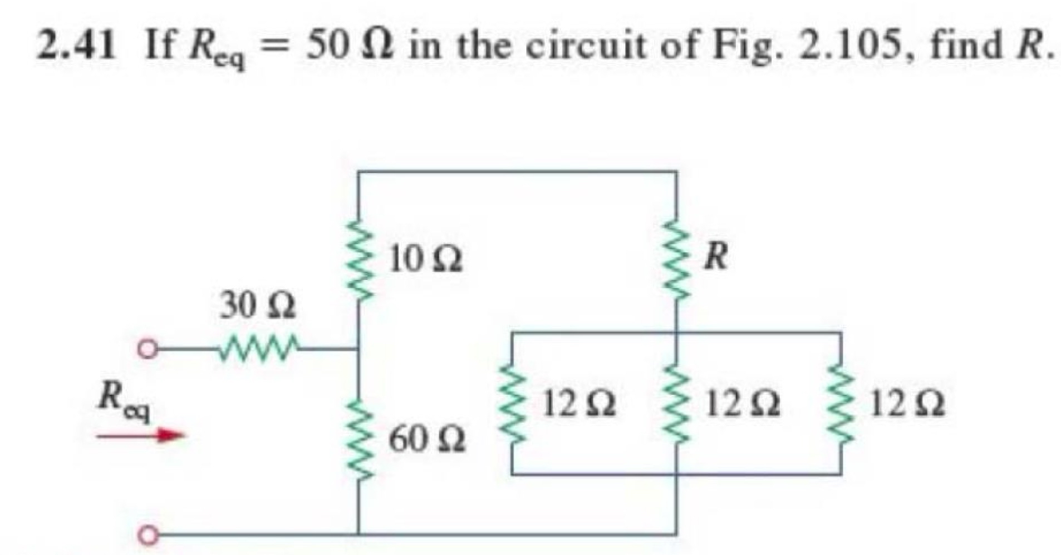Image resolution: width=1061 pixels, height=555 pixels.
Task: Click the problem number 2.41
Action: coord(77,46)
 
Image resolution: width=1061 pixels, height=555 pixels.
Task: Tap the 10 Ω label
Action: coord(426,260)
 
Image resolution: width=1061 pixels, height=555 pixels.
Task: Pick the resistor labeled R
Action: coord(676,259)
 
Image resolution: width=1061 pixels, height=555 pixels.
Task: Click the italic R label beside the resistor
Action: coord(716,257)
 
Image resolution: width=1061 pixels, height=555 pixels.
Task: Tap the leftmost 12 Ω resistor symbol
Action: coord(511,403)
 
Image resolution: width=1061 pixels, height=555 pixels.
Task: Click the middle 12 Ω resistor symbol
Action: coord(676,403)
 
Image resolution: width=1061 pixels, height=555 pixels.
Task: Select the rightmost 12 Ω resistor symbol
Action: coord(841,403)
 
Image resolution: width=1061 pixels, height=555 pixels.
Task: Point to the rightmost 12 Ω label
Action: coord(907,404)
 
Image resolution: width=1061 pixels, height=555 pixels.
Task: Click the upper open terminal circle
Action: coord(147,350)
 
